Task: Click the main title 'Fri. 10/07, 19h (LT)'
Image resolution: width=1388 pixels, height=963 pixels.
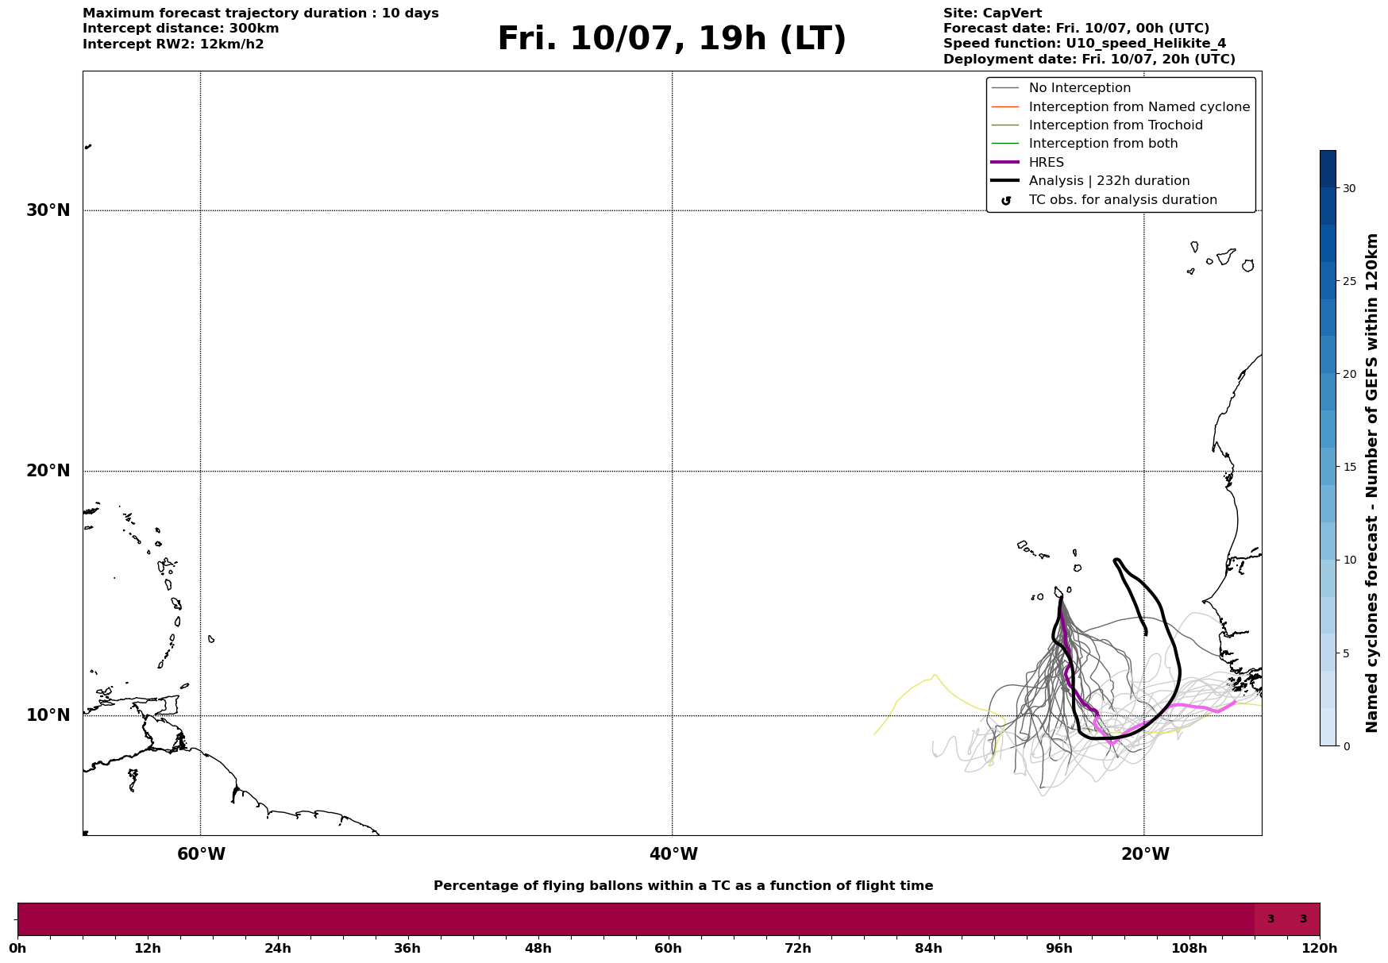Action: (672, 39)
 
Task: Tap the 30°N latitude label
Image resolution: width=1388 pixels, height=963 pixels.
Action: (48, 210)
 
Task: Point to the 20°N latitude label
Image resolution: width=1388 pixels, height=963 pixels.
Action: (48, 471)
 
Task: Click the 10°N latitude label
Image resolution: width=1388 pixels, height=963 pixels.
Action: (48, 715)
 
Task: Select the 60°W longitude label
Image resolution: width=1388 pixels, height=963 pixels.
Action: (201, 854)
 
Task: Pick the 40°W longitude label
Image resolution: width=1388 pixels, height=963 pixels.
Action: (673, 854)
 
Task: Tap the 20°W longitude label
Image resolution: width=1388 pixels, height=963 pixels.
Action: (1145, 854)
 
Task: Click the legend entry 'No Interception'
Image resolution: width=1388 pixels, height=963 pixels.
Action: (1080, 88)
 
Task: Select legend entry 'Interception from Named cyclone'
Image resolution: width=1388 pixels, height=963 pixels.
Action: (1139, 107)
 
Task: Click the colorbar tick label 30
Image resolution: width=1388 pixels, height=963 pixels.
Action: (1349, 188)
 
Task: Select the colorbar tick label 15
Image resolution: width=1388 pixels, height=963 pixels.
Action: (1349, 467)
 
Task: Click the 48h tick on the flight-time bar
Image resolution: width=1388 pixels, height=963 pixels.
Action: (538, 948)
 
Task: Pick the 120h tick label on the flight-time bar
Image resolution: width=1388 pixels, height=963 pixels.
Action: (1320, 948)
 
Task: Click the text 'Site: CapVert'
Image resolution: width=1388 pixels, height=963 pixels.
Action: (993, 13)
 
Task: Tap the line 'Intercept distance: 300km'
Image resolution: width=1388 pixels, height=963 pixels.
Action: (181, 29)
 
